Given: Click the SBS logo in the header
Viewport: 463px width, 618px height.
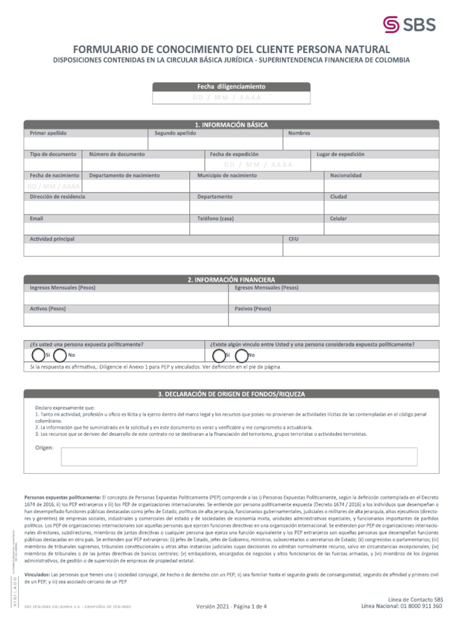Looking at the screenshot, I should click(x=409, y=24).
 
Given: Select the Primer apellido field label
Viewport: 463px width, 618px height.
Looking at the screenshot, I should click(x=48, y=133).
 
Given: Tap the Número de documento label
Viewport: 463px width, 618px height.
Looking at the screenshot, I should click(x=117, y=154).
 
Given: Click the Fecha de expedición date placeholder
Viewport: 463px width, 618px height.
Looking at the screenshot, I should click(x=257, y=165).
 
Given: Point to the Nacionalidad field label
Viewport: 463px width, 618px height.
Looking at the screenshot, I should click(x=345, y=176).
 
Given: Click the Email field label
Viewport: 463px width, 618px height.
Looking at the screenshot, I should click(x=37, y=218).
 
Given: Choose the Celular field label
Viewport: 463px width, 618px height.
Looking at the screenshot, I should click(x=338, y=218).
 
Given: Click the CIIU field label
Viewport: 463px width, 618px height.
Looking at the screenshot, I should click(x=294, y=239).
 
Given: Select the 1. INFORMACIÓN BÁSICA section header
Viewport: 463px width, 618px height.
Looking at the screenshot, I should click(x=231, y=124).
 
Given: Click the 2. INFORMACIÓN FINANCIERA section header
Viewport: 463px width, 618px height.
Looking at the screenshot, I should click(x=231, y=280).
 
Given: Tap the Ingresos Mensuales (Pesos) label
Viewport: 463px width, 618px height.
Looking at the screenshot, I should click(x=63, y=288).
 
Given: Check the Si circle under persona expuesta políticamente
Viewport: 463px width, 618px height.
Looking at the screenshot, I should click(x=38, y=355).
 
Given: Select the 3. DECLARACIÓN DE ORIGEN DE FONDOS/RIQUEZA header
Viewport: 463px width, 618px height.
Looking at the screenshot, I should click(x=231, y=394).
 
